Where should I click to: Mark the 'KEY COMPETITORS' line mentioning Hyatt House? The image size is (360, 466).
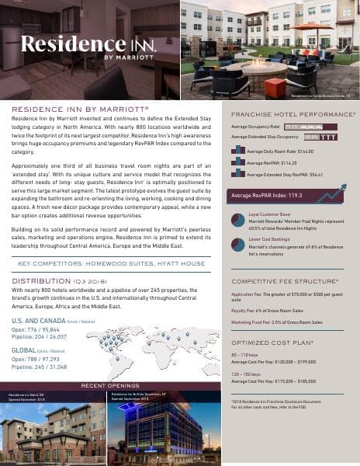(111, 263)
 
